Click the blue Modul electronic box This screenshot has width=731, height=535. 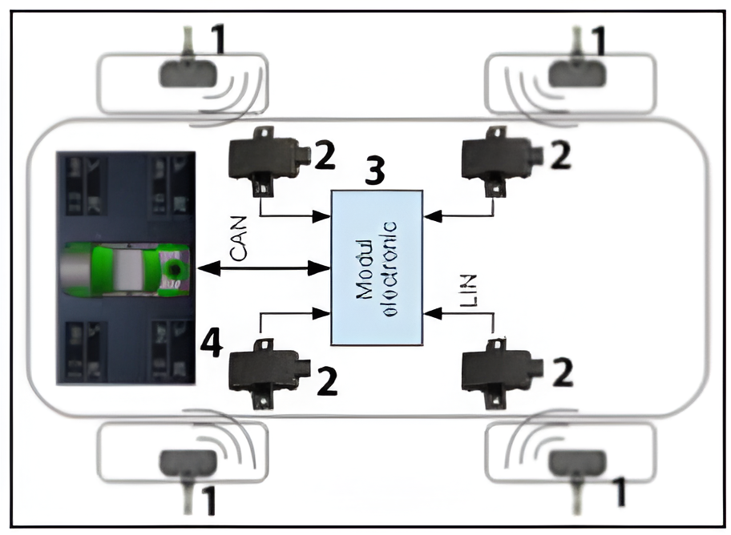click(377, 267)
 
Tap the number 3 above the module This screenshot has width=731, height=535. click(374, 170)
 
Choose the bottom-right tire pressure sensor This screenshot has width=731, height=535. click(576, 465)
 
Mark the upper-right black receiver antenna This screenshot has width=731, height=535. click(502, 154)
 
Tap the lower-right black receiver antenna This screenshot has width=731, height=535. click(502, 371)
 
